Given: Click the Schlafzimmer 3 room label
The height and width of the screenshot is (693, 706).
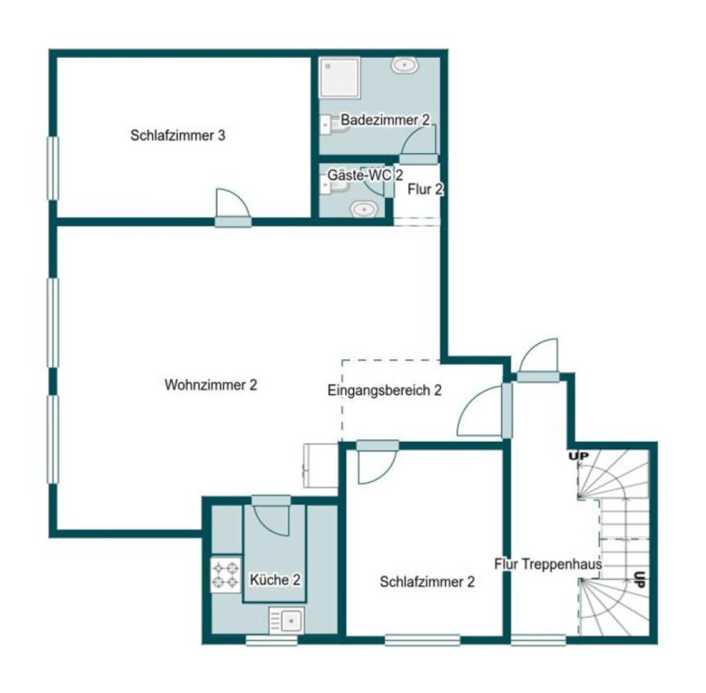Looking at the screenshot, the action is point(178,136).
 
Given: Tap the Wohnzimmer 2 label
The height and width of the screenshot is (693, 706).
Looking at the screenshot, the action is point(211,385).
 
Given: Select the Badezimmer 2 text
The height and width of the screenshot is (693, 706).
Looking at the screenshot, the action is point(385,120).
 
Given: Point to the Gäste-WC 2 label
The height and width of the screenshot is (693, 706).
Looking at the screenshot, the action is point(365,175).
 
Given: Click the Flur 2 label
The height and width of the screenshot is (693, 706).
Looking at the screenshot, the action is point(425,189).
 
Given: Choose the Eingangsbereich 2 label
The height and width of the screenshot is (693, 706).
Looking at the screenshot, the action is point(385,390).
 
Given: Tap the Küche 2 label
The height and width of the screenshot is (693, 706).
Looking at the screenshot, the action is point(275,580).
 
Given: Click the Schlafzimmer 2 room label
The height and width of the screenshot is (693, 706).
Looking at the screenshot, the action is point(428,581).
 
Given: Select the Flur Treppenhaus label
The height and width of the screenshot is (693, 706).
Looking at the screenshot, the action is point(548,564).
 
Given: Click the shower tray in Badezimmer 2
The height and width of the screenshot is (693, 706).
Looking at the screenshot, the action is point(339,77).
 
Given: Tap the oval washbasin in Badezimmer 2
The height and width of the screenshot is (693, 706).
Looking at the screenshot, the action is point(405,65).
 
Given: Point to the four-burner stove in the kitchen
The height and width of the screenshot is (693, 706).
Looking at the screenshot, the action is point(225,575).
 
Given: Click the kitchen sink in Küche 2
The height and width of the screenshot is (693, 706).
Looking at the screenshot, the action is point(287,621).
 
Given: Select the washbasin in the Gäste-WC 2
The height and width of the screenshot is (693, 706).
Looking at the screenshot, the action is point(365,209).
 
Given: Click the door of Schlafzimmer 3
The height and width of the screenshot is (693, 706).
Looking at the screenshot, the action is point(233,207).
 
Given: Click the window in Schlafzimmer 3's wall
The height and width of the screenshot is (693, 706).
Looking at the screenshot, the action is point(53,169).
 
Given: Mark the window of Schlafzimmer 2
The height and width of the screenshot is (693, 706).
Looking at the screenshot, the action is point(422,640).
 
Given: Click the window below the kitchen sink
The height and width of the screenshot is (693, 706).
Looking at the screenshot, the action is point(272,640).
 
